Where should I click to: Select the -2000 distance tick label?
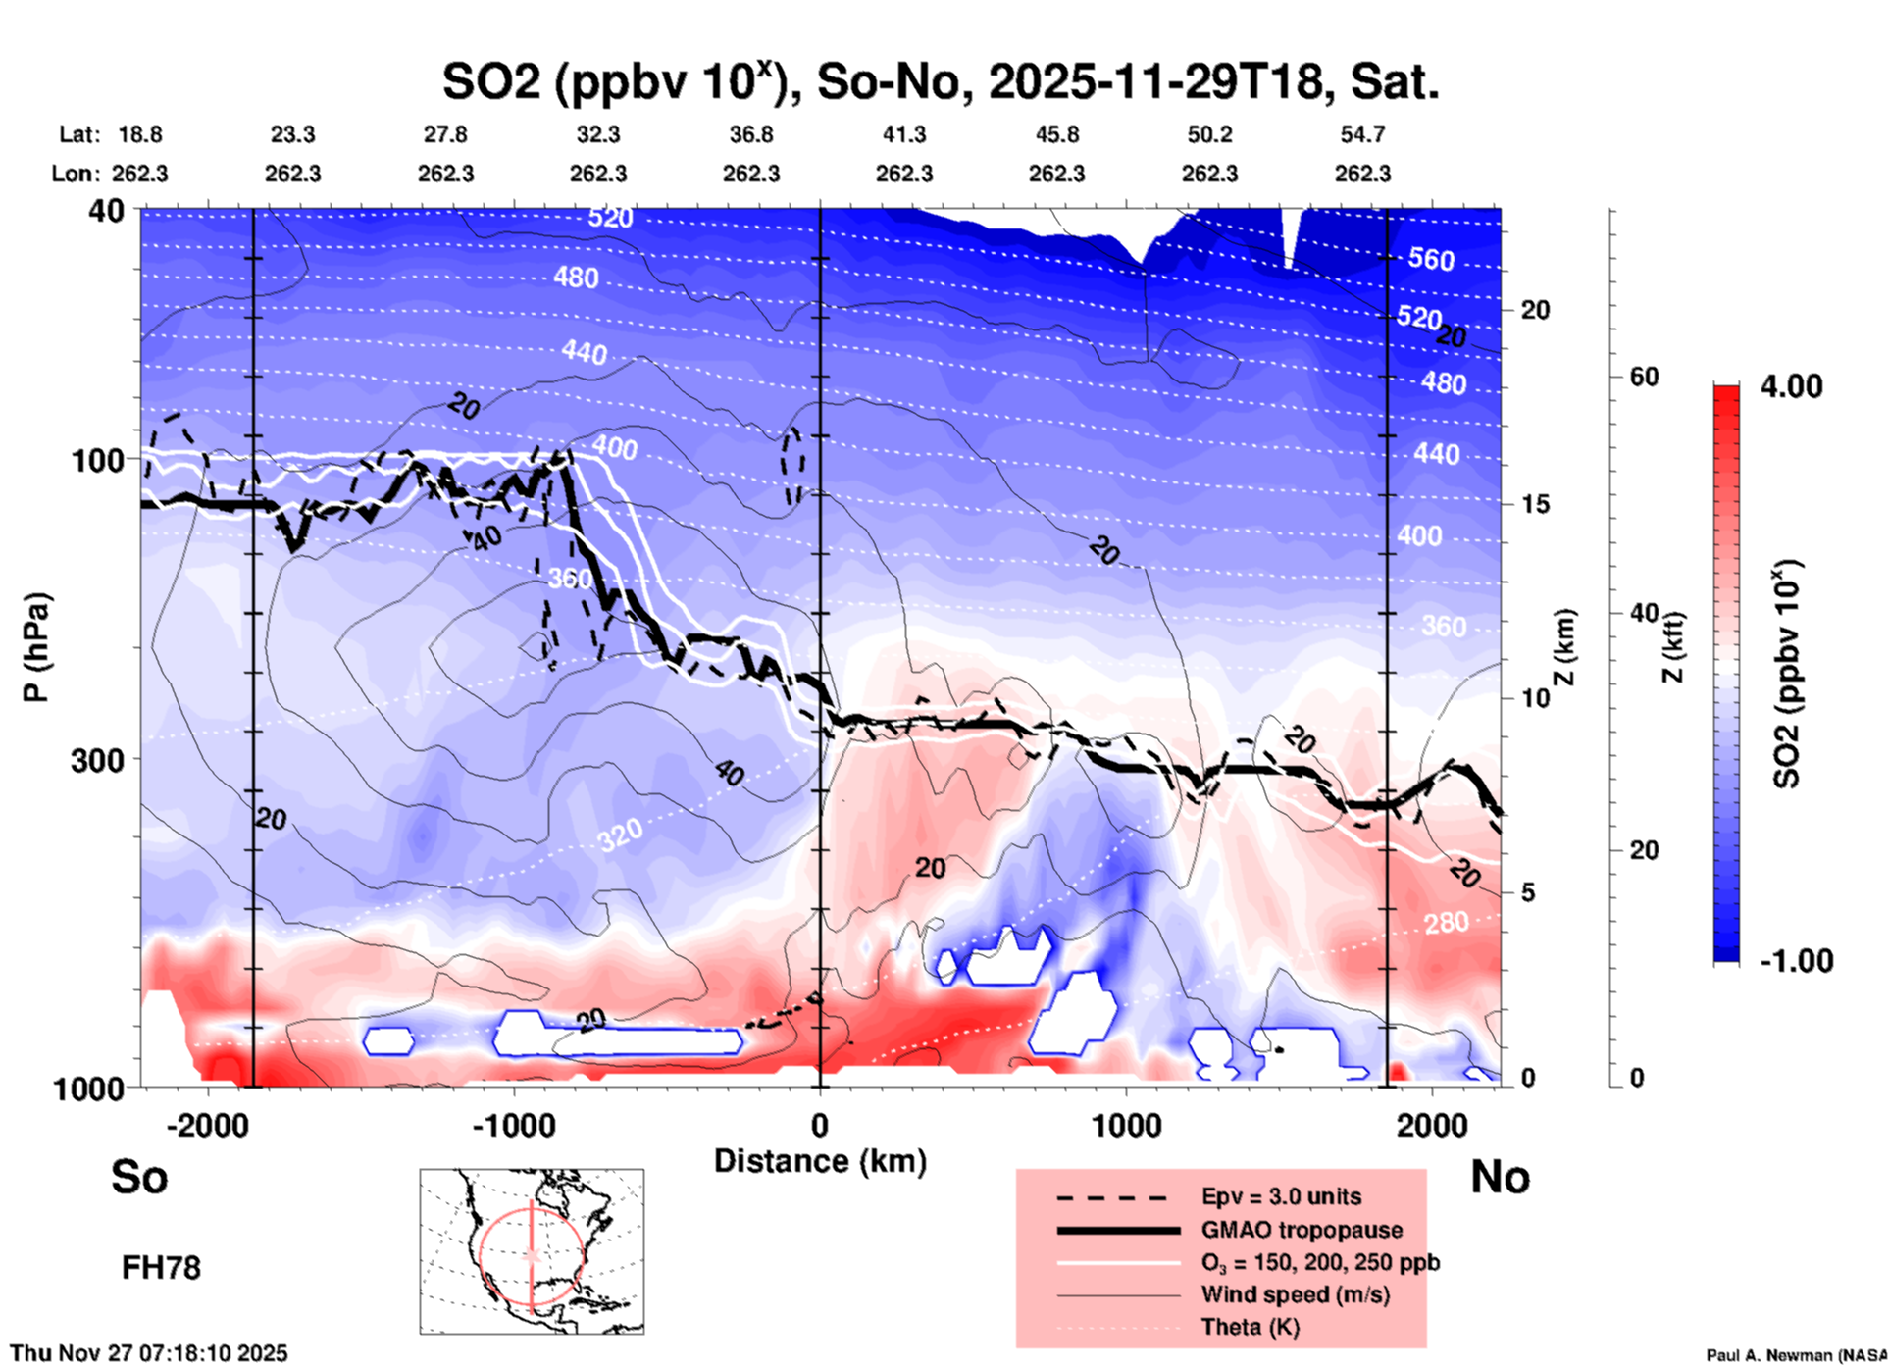click(208, 1126)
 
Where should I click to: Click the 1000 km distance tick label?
click(1126, 1126)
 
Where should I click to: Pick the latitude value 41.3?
click(903, 134)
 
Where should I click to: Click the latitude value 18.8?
click(140, 134)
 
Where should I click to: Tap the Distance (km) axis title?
click(820, 1161)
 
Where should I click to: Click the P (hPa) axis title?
click(36, 647)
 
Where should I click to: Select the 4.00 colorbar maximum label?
click(1791, 386)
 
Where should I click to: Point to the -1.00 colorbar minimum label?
click(1796, 961)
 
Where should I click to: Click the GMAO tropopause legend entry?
click(1302, 1230)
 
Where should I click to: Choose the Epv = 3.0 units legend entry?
click(1281, 1196)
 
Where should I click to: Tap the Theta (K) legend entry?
click(1250, 1327)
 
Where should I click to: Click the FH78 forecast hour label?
click(161, 1268)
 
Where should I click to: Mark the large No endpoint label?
click(1500, 1177)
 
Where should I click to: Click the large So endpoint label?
click(139, 1177)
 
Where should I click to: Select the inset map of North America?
click(532, 1251)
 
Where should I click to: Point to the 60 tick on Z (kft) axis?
click(1644, 378)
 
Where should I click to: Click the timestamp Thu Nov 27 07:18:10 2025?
click(149, 1353)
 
